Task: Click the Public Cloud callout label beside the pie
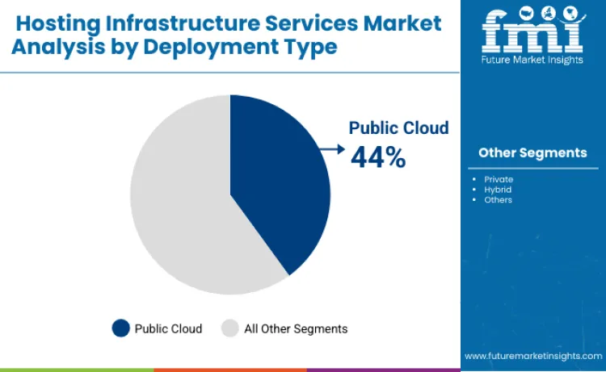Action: click(x=398, y=127)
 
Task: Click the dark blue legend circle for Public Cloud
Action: click(x=120, y=328)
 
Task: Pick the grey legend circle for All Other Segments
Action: click(x=230, y=328)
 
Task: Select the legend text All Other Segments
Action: click(x=296, y=328)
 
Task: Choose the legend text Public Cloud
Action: click(x=168, y=328)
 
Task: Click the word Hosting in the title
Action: click(x=54, y=23)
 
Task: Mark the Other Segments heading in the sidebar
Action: click(x=532, y=153)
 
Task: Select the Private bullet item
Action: click(x=499, y=179)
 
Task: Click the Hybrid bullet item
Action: click(x=498, y=190)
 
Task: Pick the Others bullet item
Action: click(x=498, y=200)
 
